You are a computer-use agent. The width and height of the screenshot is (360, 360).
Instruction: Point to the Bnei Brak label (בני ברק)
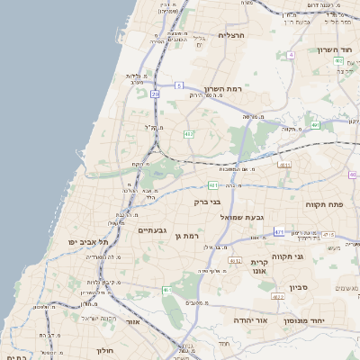coord(208,202)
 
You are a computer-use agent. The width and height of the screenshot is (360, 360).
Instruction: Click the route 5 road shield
coord(179,85)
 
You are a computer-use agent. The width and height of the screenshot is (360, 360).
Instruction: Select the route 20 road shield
coord(155,93)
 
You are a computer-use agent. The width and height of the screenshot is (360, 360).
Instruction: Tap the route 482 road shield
coord(188,134)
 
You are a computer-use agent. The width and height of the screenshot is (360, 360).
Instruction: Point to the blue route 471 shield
coord(279,231)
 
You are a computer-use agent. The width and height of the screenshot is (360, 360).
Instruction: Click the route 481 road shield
coord(213,185)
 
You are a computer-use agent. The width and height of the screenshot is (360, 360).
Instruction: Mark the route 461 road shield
coord(167,290)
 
